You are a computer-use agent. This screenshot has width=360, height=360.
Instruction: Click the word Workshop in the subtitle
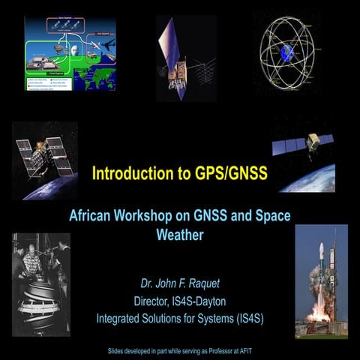pyautogui.click(x=145, y=215)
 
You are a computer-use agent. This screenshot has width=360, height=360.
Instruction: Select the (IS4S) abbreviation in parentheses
pyautogui.click(x=246, y=318)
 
